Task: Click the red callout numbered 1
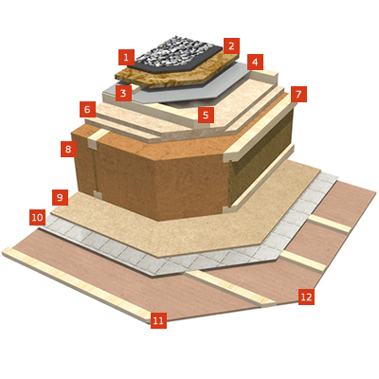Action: coord(126,57)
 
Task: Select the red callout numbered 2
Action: coord(231,46)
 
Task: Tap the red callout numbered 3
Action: coord(123,93)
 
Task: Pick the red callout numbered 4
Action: coord(255,63)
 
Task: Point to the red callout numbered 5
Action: coord(206,115)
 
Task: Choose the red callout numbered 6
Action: coord(87,110)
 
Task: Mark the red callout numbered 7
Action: coord(298,94)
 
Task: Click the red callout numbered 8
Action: coord(68,149)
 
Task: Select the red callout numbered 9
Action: coord(61,198)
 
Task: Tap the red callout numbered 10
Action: coord(37,217)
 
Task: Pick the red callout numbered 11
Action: coord(158,320)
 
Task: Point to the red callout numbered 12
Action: coord(306,297)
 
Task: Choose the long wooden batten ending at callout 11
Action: coord(76,284)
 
